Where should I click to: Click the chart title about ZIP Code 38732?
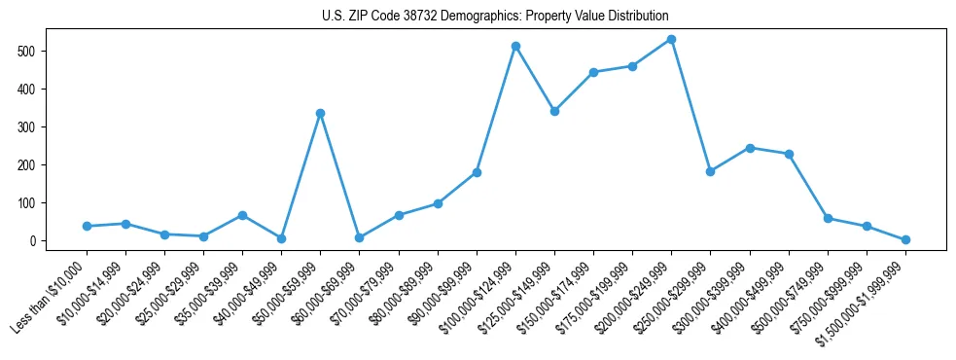tap(495, 17)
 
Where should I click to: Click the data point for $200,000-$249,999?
tap(671, 39)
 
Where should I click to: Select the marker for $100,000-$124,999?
tap(515, 46)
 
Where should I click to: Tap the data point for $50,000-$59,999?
tap(320, 113)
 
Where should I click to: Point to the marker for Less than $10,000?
tap(87, 226)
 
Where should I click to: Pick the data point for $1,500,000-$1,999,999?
tap(905, 239)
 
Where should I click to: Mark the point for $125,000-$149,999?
tap(554, 111)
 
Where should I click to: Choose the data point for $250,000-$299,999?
tap(710, 171)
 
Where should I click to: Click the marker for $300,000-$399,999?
tap(750, 148)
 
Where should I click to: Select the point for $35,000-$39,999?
tap(242, 215)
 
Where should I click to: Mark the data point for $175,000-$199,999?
tap(632, 66)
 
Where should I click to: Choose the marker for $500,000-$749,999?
tap(828, 218)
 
